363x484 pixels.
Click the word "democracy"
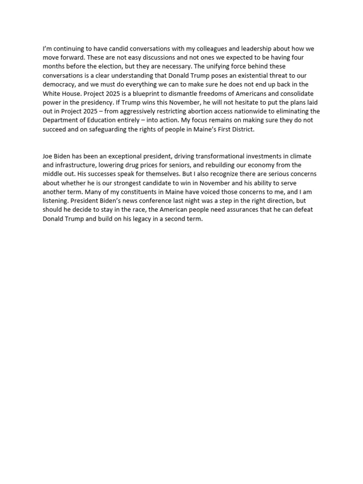pyautogui.click(x=61, y=85)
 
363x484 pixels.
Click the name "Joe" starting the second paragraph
pyautogui.click(x=48, y=156)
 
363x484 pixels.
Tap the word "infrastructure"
pyautogui.click(x=78, y=165)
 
